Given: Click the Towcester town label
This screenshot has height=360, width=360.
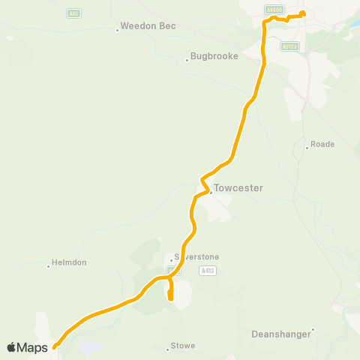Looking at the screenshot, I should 238,188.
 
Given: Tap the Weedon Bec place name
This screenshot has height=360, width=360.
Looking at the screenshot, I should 150,26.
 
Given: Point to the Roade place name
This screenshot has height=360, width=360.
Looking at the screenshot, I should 323,144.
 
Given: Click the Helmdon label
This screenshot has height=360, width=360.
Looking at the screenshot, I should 69,263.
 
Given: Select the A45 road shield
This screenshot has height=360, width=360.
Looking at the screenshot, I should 73,13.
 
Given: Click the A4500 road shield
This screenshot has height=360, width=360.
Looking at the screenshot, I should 274,10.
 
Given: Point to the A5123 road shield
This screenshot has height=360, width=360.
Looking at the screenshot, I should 290,46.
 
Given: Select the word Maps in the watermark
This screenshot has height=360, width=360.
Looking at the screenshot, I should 34,347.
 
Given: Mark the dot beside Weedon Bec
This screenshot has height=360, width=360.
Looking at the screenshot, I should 118,30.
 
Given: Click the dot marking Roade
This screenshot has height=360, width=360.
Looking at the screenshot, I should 307,148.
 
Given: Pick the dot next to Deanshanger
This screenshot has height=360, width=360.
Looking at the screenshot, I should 313,329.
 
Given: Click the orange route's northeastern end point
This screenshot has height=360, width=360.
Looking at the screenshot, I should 302,13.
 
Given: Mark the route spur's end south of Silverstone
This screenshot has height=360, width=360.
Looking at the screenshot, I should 170,298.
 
